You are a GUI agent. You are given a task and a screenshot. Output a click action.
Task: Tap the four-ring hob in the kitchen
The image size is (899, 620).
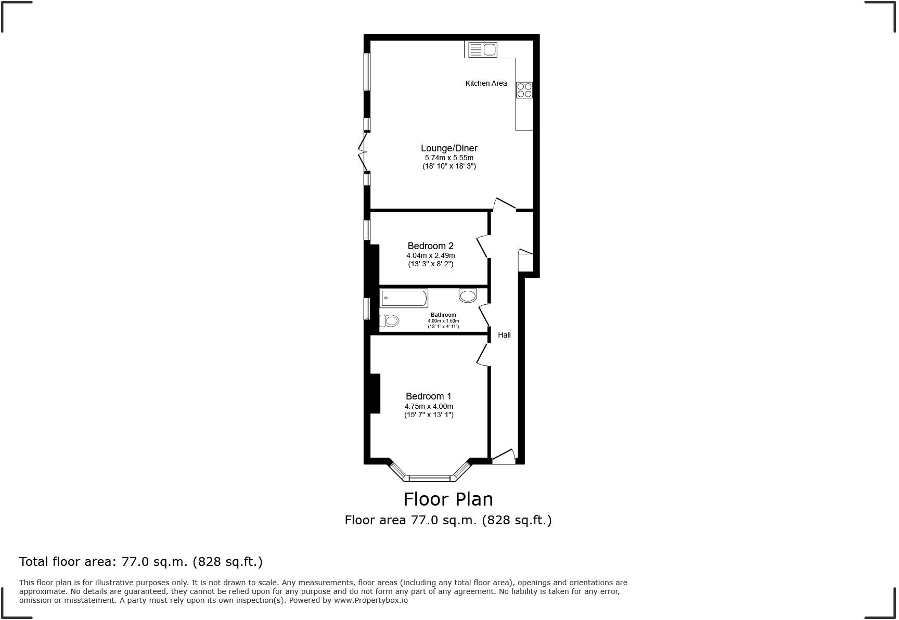[x=524, y=91]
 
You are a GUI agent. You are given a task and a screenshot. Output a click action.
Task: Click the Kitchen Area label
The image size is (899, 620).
[x=485, y=83]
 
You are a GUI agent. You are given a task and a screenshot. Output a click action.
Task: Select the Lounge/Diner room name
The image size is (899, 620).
[x=448, y=148]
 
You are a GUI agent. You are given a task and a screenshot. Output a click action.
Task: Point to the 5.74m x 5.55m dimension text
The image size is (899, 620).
[x=448, y=158]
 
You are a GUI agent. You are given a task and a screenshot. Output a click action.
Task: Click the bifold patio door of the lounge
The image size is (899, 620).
[x=363, y=152]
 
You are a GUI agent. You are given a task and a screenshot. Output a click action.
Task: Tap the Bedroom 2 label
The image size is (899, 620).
[x=430, y=246]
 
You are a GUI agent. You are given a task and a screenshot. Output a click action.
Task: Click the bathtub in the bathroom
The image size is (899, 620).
[x=404, y=299]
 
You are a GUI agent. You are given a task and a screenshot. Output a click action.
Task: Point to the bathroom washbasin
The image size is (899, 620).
[x=468, y=296]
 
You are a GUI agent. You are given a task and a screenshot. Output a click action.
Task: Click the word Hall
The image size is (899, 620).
[x=504, y=335]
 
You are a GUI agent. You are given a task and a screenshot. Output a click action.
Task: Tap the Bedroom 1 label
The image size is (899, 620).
[x=429, y=396]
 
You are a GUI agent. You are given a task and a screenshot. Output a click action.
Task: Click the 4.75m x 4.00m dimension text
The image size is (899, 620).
[x=429, y=406]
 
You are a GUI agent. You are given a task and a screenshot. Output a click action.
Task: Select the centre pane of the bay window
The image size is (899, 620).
[x=429, y=478]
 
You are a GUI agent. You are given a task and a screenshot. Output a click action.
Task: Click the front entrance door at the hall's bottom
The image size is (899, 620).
[x=504, y=457]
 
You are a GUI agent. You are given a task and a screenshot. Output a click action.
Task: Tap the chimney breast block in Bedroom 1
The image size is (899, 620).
[x=375, y=394]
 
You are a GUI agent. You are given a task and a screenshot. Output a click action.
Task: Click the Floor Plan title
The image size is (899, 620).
[x=448, y=499]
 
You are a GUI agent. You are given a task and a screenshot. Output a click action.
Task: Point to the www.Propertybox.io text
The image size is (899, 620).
[x=370, y=600]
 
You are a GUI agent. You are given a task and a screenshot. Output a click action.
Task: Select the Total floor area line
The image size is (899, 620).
[x=140, y=562]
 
